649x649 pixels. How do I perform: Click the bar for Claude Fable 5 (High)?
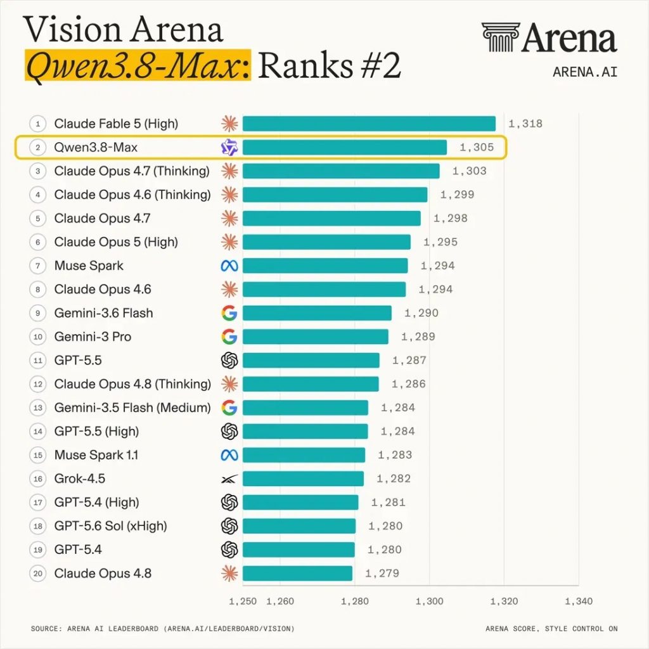(x=369, y=124)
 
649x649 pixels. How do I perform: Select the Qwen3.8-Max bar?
(x=344, y=147)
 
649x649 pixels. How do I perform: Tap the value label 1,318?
(x=525, y=124)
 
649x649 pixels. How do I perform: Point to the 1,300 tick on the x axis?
(x=429, y=601)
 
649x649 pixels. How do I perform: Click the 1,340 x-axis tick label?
(x=579, y=601)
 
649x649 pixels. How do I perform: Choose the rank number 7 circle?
(x=37, y=266)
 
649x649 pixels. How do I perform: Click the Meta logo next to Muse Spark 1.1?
(x=229, y=455)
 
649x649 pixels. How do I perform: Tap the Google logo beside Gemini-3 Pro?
(x=229, y=337)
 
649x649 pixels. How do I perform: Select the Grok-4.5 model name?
(x=79, y=479)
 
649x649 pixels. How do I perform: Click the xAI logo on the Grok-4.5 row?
(x=229, y=479)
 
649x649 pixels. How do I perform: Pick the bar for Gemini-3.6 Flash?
(x=317, y=313)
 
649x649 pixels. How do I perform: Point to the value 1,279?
(x=382, y=574)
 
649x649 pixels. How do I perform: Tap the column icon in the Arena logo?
(x=501, y=37)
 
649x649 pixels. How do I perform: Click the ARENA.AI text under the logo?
(x=585, y=72)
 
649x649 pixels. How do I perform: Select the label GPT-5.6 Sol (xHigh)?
(x=110, y=526)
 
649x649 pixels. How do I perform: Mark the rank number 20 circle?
(x=37, y=574)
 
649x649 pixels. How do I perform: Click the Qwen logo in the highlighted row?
(x=229, y=148)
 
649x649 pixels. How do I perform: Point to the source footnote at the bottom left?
(x=163, y=629)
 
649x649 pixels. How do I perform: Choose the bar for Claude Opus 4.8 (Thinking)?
(x=311, y=384)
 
